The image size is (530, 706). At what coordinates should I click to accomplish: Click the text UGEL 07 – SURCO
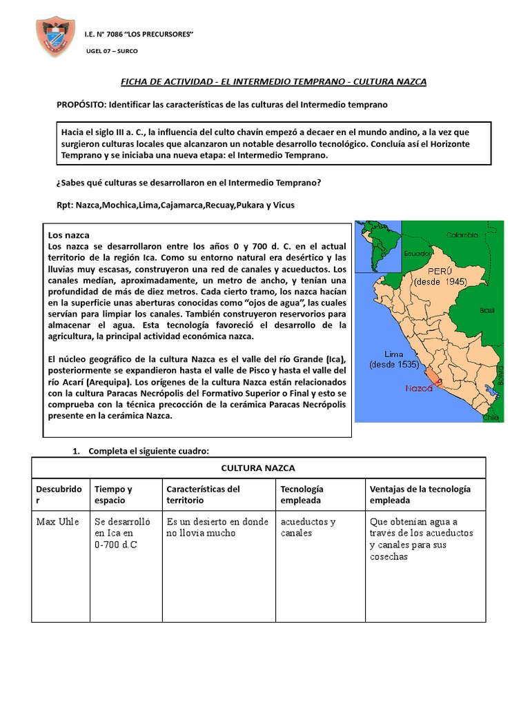(112, 52)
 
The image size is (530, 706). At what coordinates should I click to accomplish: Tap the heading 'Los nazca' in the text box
(68, 235)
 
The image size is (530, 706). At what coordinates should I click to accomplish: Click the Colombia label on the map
(462, 234)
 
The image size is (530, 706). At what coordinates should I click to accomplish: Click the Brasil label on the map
(487, 310)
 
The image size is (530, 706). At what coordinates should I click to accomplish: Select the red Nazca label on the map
(419, 388)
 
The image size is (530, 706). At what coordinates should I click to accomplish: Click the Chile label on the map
(491, 416)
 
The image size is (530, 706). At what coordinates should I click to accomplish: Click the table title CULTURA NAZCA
(257, 468)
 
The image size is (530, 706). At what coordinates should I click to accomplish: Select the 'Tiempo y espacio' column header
(113, 494)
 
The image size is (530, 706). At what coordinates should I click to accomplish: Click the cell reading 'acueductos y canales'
(308, 527)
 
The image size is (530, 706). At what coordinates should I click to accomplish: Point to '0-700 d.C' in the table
(116, 545)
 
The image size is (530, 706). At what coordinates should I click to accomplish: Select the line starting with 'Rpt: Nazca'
(165, 205)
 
